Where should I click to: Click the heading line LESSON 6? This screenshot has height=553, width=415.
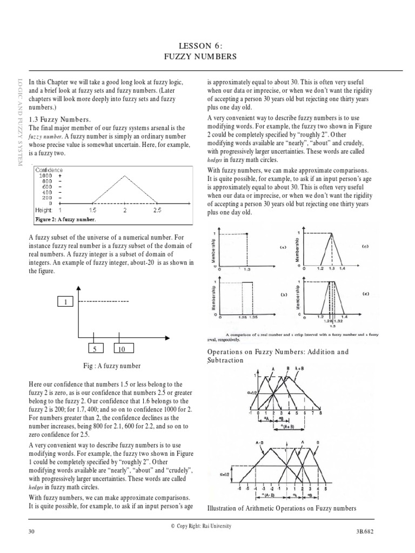[207, 46]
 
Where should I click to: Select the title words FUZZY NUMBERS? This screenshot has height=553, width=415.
[207, 56]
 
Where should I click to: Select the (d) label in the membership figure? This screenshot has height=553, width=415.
[366, 294]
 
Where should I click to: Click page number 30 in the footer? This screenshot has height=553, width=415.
[31, 532]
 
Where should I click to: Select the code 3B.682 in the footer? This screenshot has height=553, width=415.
[377, 532]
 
